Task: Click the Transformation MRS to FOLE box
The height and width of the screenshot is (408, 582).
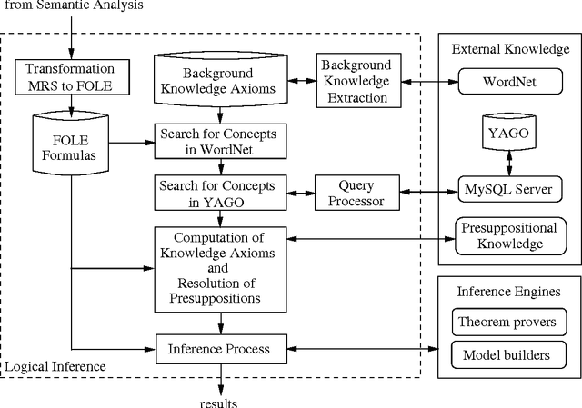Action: tap(69, 77)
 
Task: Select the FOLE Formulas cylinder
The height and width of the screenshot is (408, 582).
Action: tap(69, 142)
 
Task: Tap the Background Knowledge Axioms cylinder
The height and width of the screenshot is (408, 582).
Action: tap(218, 79)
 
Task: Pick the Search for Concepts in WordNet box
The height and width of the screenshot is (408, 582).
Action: tap(218, 140)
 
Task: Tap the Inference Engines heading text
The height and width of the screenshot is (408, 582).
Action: tap(508, 292)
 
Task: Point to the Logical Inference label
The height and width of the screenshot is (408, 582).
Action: tap(55, 367)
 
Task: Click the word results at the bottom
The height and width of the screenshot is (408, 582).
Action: tap(219, 401)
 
